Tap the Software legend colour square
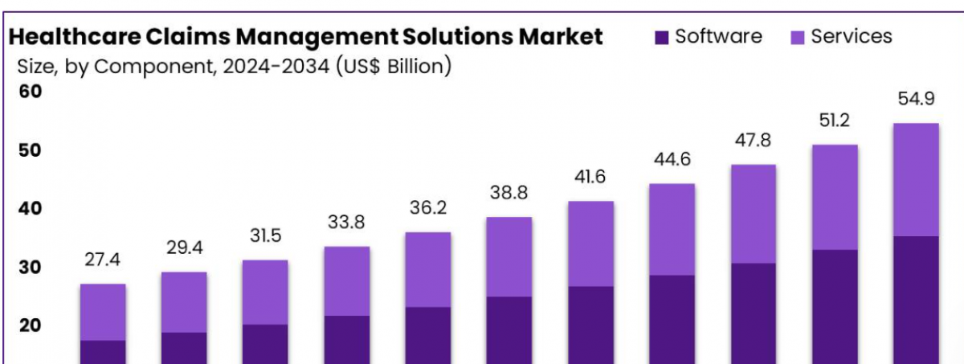click(662, 37)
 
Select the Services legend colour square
click(798, 37)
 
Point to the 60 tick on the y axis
click(30, 92)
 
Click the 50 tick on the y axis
click(30, 150)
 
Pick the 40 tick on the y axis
click(30, 209)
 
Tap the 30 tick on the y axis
click(30, 268)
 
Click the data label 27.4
click(103, 261)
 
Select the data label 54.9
click(916, 100)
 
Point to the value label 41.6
click(590, 178)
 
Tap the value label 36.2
click(427, 209)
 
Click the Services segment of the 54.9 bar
click(916, 179)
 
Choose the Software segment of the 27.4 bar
click(103, 352)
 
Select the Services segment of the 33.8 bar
click(346, 280)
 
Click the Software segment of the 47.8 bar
click(753, 313)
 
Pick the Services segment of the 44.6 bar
click(672, 229)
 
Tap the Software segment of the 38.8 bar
click(509, 330)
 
